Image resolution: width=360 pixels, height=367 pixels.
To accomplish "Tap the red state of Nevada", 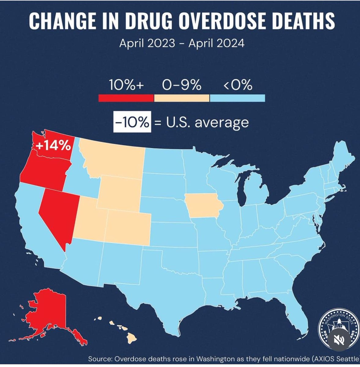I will pos(58,214).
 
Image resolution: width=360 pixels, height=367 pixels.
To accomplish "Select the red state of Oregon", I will pos(43,170).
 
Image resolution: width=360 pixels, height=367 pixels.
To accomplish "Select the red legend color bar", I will pos(126,98).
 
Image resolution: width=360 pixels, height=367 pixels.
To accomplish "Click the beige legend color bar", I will pos(182,98).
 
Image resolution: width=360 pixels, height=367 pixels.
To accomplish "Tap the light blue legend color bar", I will pos(237,98).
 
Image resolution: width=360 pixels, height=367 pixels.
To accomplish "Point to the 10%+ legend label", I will pos(126,85).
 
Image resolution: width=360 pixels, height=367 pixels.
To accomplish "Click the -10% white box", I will pos(132,123).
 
